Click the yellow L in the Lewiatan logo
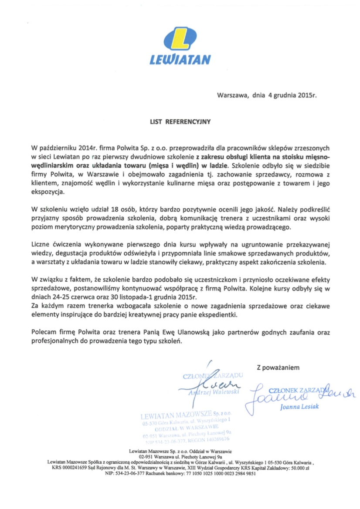[x=180, y=40]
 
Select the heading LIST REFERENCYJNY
[x=180, y=122]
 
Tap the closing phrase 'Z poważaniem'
[x=278, y=368]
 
